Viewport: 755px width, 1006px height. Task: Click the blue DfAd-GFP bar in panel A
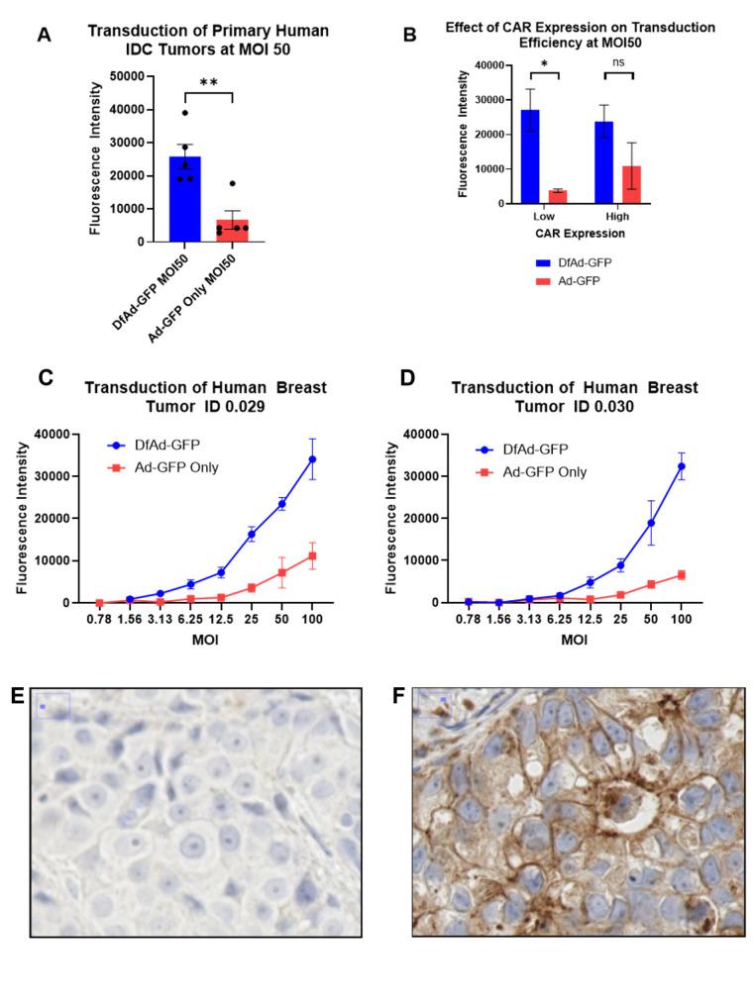(205, 199)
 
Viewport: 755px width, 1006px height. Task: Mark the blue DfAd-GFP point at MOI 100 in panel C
(312, 458)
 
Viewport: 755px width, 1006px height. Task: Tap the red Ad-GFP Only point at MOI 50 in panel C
(281, 572)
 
